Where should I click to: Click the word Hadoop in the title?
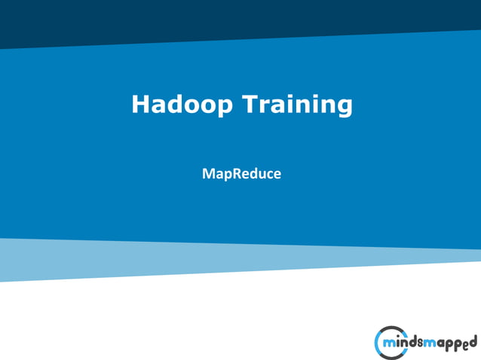[182, 104]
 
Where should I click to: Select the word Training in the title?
[296, 104]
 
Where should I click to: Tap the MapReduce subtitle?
[241, 174]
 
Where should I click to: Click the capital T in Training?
[249, 104]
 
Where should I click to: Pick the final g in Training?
[345, 107]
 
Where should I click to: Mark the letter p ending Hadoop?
[226, 107]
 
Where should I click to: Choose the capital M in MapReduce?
[208, 174]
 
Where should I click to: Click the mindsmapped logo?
[425, 343]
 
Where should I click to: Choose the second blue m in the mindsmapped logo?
[429, 344]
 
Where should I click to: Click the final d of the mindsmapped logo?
[473, 341]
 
